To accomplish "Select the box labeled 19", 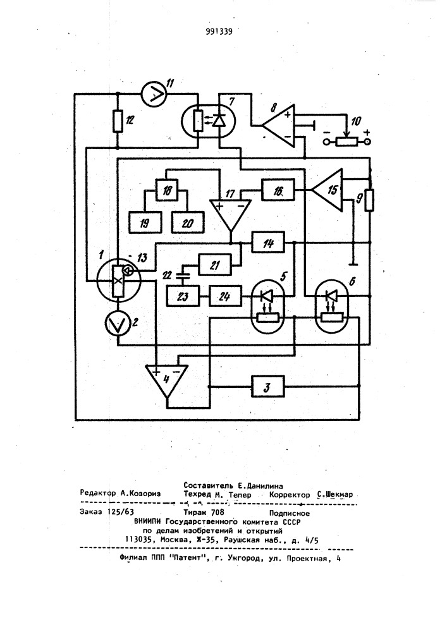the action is (x=145, y=222).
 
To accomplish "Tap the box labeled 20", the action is (x=188, y=222).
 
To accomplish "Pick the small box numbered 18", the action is (x=166, y=190).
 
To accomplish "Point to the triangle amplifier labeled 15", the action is (x=327, y=190).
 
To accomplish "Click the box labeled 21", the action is (x=215, y=265).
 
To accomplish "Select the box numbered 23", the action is (x=183, y=296).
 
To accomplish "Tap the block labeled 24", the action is (x=225, y=296).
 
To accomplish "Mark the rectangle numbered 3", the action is (x=267, y=387).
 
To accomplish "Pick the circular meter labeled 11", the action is (x=154, y=94).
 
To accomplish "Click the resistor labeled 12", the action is (x=118, y=121).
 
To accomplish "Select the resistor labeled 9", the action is (x=369, y=200).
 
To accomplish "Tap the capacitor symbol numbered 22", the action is (x=183, y=276).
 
